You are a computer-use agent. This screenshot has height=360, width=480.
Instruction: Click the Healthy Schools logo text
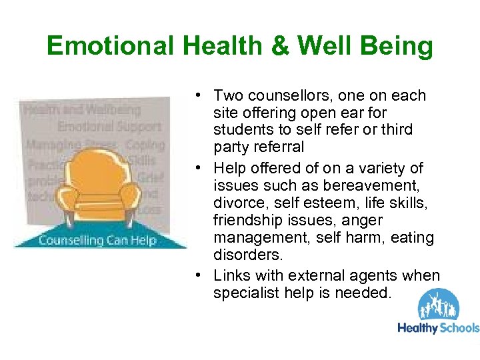point(438,327)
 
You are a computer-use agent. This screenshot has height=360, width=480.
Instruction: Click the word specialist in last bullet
point(243,293)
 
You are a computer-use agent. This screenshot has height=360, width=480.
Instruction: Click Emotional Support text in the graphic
point(109,125)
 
